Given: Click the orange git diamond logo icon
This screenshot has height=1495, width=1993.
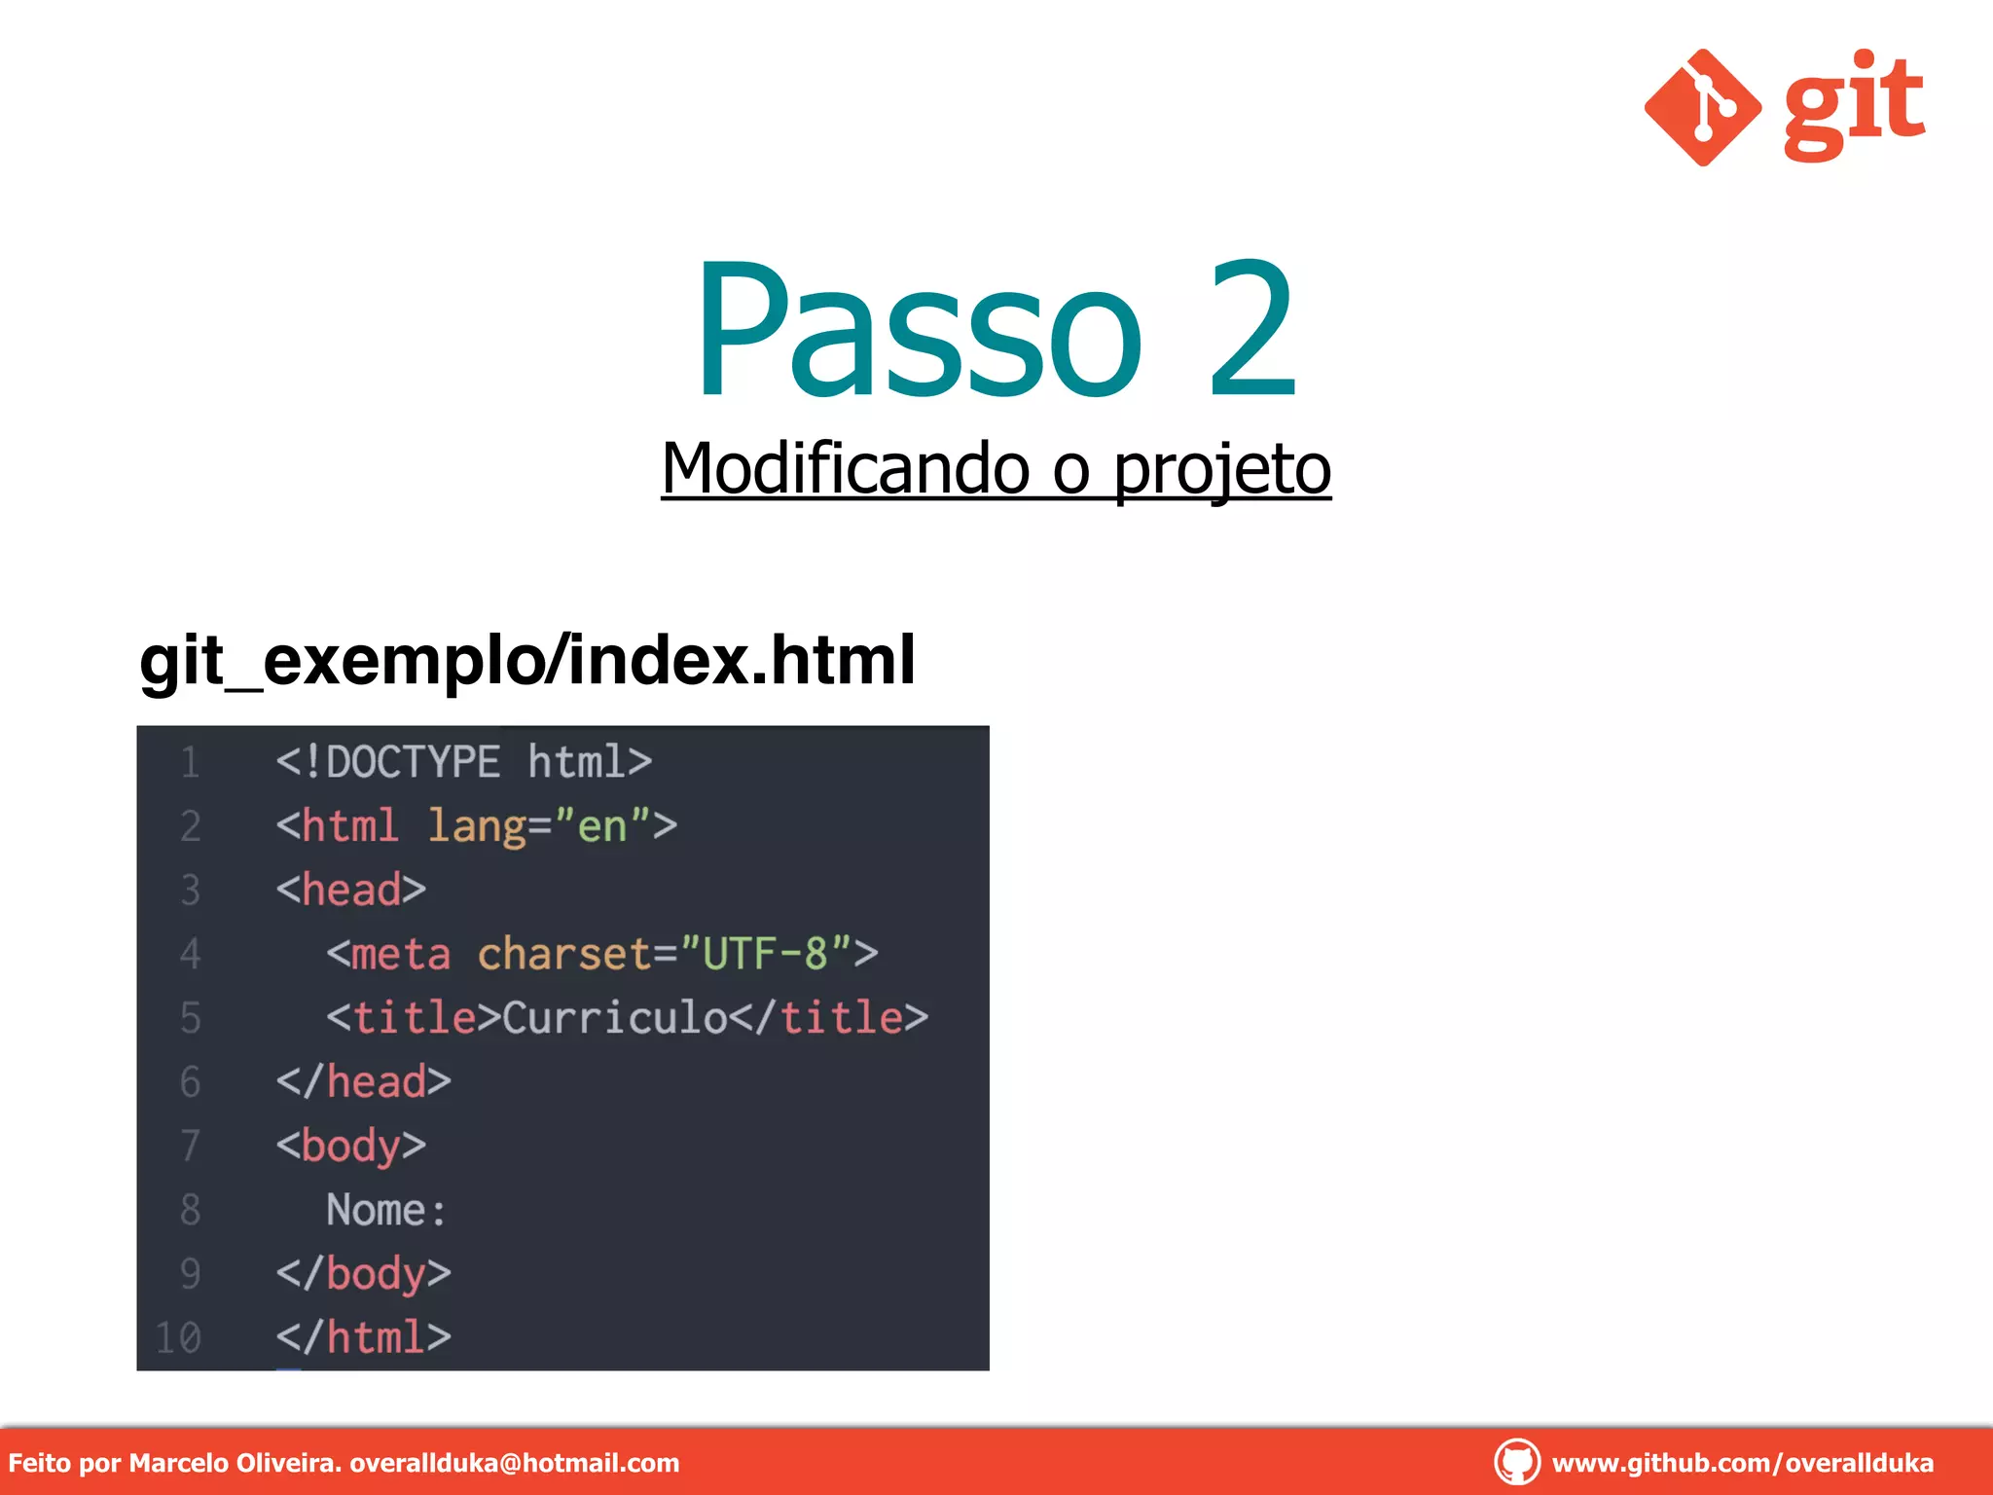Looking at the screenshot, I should coord(1702,107).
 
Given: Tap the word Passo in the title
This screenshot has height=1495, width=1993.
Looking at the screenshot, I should coord(919,331).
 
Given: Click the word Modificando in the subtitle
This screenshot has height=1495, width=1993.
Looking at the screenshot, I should coord(845,469).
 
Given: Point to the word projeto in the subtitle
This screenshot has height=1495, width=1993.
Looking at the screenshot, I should coord(1221,469).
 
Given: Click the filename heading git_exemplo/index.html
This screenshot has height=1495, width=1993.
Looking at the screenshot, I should coord(526,661).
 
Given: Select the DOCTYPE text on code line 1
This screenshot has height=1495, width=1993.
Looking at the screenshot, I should coord(413,761).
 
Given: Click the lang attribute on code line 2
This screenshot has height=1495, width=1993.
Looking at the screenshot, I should coord(475,826).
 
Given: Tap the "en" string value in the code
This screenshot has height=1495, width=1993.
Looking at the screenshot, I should coord(601,826).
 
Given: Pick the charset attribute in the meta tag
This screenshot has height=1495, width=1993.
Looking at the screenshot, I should coord(564,954).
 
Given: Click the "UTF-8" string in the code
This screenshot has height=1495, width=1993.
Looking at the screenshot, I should coord(765,954).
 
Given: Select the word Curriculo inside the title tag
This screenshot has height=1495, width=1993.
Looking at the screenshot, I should coord(614,1018).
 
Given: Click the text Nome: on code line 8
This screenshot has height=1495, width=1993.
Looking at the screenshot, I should coord(386,1210).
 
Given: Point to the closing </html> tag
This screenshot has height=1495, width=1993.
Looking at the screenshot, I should coord(363,1337).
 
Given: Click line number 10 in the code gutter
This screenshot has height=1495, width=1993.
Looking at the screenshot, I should coord(179,1338).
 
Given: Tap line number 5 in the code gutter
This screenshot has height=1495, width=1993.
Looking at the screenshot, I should coord(191,1018).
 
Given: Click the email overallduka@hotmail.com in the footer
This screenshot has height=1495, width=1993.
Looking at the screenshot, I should coord(514,1463).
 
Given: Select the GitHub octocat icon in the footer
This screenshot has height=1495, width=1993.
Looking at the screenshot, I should coord(1516,1462).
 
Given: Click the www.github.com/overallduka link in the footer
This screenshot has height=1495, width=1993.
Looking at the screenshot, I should coord(1742,1463).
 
